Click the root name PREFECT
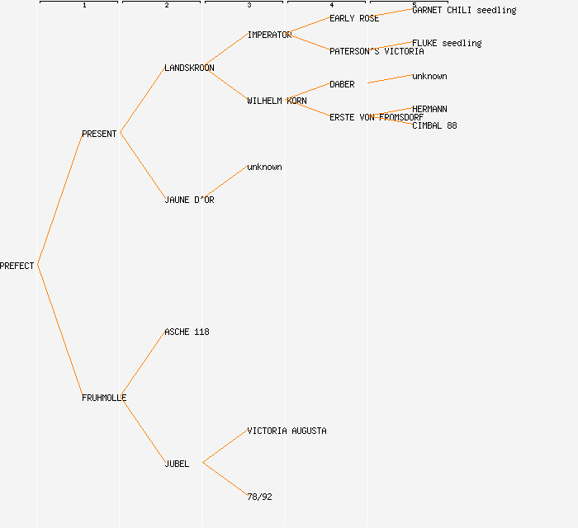point(17,266)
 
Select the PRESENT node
point(99,134)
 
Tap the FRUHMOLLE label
point(104,398)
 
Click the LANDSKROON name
point(189,68)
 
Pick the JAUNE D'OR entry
point(189,200)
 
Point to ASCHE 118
point(187,332)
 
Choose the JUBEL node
point(177,464)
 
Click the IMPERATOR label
point(269,35)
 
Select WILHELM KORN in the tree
point(277,101)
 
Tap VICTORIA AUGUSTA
point(287,431)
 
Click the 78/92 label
point(259,497)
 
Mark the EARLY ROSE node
point(354,18)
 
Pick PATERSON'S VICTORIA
point(377,51)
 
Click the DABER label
point(342,84)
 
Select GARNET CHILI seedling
point(464,10)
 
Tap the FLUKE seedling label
point(447,43)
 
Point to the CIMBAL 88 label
point(434,125)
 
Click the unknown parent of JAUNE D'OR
point(264,167)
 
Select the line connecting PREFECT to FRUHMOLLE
point(59,331)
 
